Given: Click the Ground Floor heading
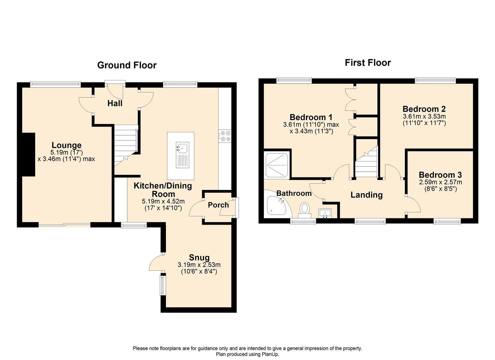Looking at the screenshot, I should point(127,65).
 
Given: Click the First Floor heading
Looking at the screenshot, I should point(367,63).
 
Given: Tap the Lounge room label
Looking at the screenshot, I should point(66,145).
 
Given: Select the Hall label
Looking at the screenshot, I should point(115,104).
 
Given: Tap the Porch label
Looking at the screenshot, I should point(218,205).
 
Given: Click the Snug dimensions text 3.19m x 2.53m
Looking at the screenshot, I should point(199,265).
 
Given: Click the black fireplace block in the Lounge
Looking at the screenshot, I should point(29,154).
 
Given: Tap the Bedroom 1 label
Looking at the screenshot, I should point(311,117).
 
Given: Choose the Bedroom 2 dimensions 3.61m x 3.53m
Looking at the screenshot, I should point(424,116).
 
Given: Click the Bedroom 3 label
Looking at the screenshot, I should point(440,175).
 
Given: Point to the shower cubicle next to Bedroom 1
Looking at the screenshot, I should point(276,165).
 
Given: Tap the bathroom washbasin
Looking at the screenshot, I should point(324,213).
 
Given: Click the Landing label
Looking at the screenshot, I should point(366,195).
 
